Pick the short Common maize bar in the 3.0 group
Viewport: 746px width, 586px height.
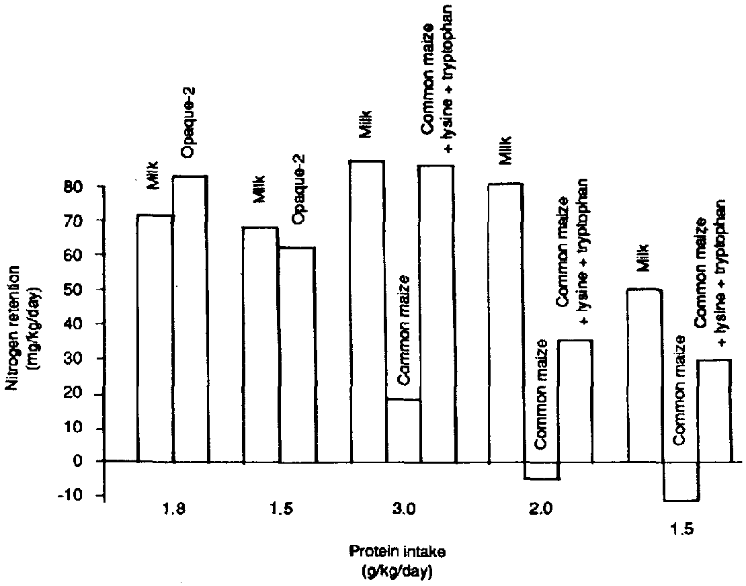click(403, 431)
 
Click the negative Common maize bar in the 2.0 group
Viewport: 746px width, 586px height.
click(542, 470)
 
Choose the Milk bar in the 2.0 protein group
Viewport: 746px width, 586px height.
click(505, 323)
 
